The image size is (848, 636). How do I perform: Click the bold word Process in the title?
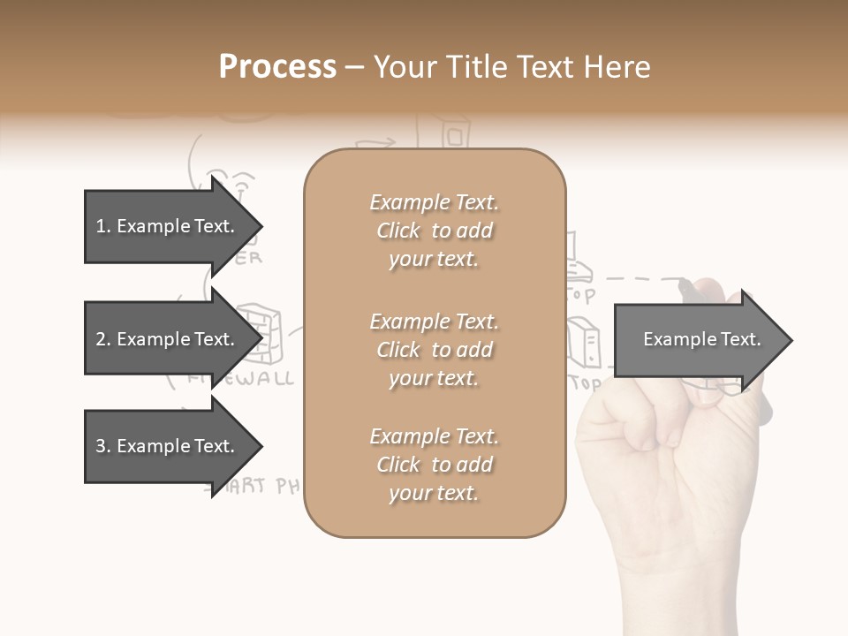click(277, 67)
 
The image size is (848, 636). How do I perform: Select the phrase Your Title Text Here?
click(511, 67)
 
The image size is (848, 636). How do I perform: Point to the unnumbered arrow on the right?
click(701, 340)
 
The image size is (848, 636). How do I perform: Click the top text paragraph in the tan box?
click(434, 231)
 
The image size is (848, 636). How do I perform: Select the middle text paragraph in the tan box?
click(434, 350)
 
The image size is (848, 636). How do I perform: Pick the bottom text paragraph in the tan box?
click(434, 465)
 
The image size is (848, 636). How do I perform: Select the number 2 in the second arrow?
click(100, 339)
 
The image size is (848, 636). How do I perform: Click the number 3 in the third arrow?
click(100, 446)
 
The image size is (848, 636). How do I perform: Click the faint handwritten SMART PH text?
click(256, 487)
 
